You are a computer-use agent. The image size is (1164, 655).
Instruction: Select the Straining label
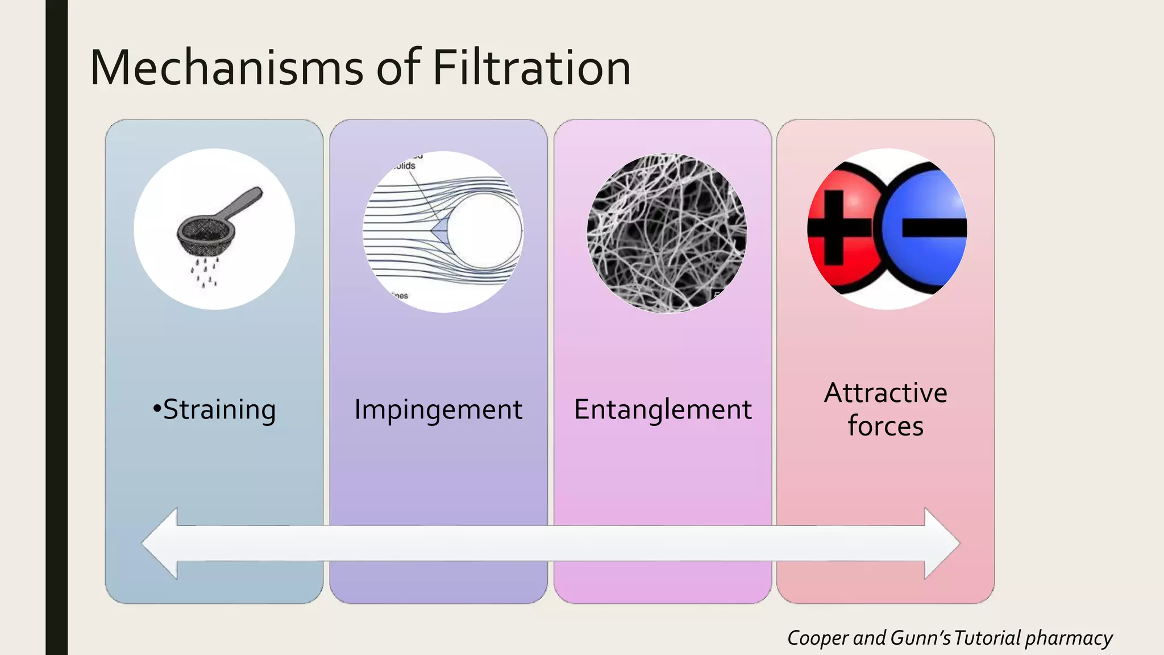[219, 409]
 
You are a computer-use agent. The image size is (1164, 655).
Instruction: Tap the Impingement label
[438, 409]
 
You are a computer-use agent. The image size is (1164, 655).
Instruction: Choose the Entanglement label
[663, 409]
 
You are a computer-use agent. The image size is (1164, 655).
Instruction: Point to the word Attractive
[886, 393]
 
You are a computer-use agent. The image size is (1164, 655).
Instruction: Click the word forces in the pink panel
[886, 426]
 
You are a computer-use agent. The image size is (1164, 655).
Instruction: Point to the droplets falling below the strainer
[203, 271]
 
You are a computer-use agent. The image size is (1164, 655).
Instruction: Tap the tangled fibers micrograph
[667, 233]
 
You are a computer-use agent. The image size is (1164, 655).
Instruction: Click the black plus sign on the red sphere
[835, 227]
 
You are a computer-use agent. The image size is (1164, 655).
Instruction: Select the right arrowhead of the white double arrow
[941, 544]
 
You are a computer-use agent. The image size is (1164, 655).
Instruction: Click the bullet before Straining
[157, 409]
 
